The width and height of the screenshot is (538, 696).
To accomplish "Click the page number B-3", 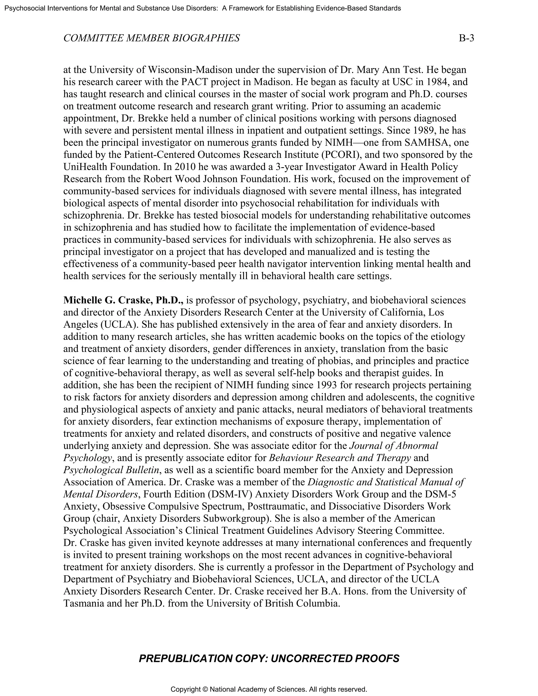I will (x=466, y=38).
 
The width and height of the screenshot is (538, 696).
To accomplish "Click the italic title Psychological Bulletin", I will (x=111, y=470).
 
